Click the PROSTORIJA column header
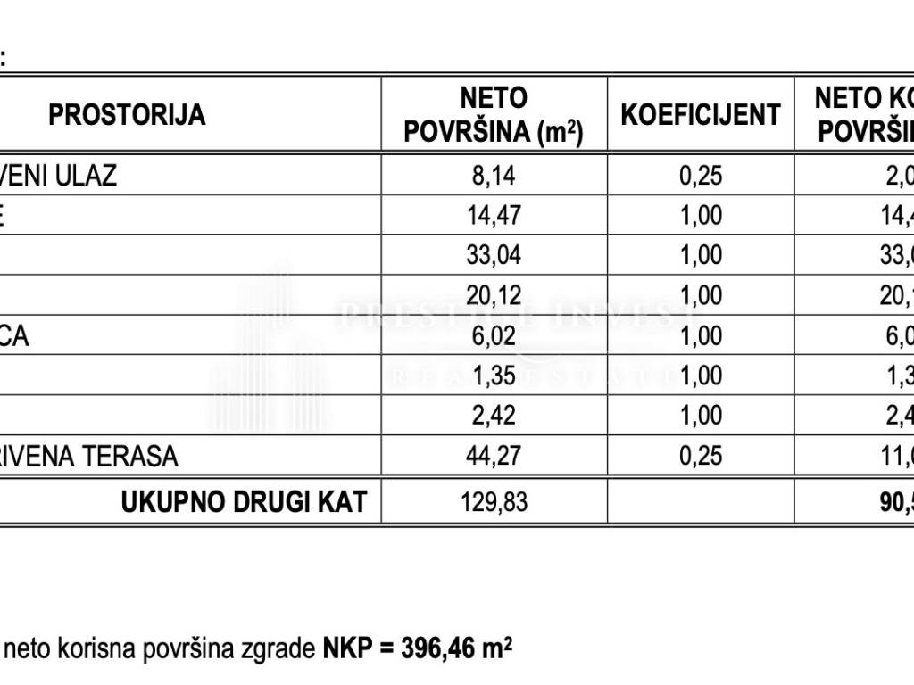(x=127, y=115)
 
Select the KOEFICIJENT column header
(x=701, y=115)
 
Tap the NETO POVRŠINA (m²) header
(x=494, y=115)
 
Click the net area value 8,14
(x=494, y=176)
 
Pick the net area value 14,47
(x=494, y=215)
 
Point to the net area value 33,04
(x=494, y=255)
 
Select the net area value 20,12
(x=494, y=295)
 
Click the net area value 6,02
(x=494, y=335)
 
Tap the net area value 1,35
(x=494, y=376)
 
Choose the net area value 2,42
(x=494, y=416)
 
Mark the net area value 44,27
(x=494, y=457)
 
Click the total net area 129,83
(x=494, y=502)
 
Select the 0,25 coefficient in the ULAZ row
(x=701, y=176)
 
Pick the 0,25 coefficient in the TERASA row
(x=701, y=457)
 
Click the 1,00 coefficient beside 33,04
(x=701, y=255)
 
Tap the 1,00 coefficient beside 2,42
(x=701, y=416)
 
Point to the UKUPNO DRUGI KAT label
(x=244, y=502)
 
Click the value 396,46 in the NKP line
(x=432, y=646)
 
